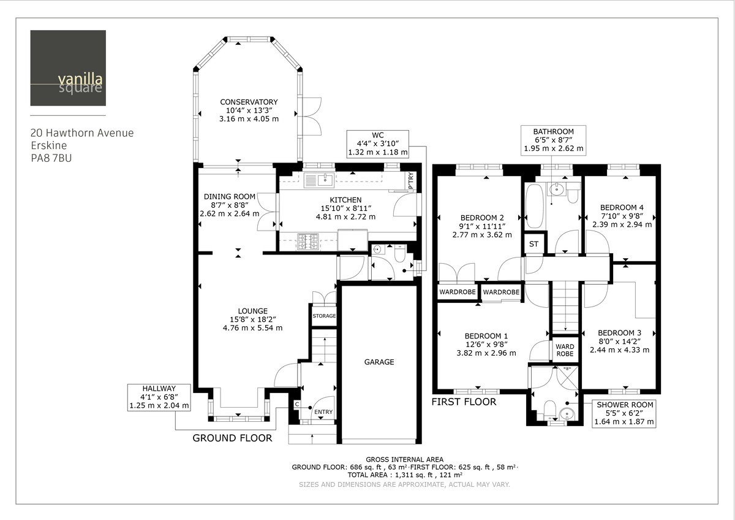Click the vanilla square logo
68,68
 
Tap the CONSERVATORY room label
249,102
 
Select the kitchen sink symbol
318,180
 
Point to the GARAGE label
379,362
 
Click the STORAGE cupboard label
324,316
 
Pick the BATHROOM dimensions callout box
553,140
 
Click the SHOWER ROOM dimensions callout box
625,413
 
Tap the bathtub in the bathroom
533,205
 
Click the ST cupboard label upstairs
533,244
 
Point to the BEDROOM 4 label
622,207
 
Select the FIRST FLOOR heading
464,402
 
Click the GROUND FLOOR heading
232,438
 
